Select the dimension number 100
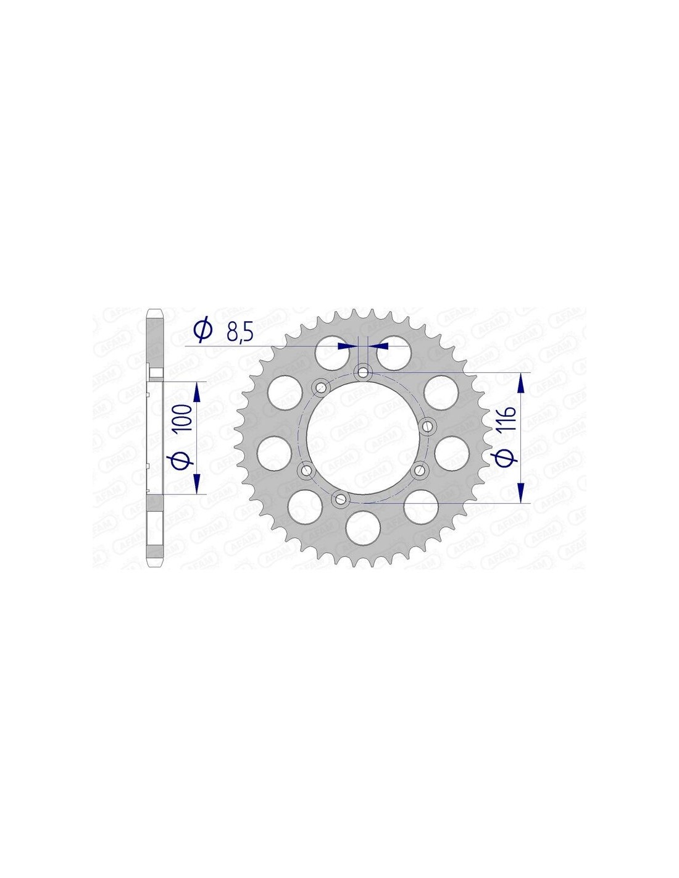[x=183, y=417]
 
